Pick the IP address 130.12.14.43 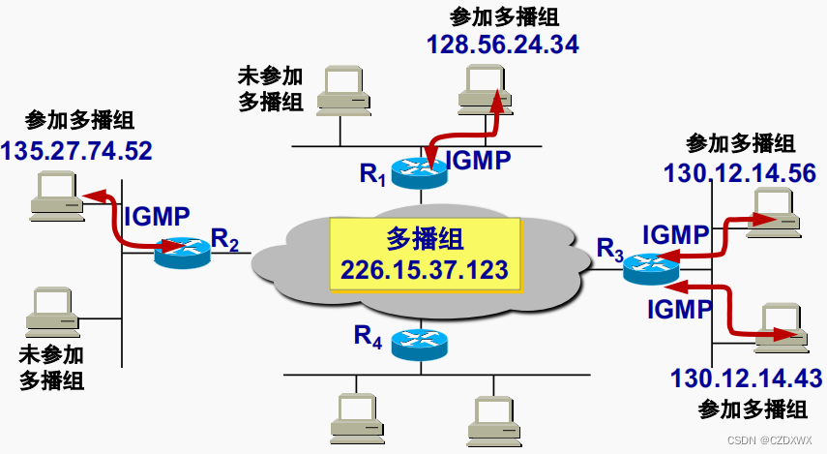pos(746,378)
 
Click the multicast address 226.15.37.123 pos(427,269)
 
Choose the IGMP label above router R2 pos(158,216)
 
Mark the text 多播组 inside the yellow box pos(425,238)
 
